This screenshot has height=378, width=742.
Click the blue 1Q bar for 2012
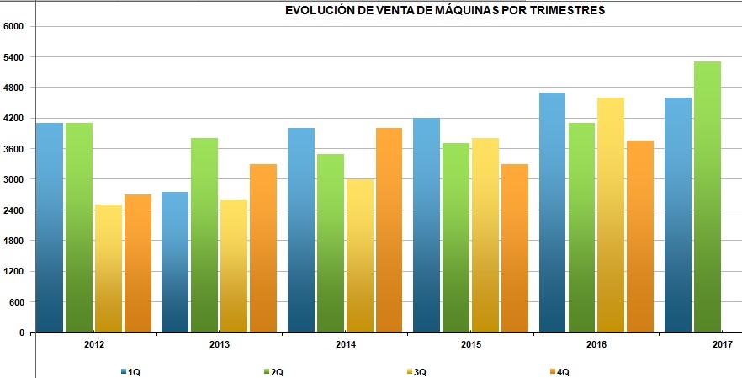(50, 227)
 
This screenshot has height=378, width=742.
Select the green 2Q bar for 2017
(708, 197)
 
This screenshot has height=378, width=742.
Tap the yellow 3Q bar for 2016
(611, 215)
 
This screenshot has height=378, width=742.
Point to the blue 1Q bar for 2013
(175, 262)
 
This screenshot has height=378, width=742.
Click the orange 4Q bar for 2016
(640, 237)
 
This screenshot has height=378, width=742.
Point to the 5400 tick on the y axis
(14, 57)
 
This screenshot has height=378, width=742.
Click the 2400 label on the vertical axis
(14, 210)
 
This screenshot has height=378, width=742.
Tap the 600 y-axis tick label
(17, 302)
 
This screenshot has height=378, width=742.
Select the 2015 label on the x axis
(472, 344)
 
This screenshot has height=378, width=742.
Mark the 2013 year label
(220, 344)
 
